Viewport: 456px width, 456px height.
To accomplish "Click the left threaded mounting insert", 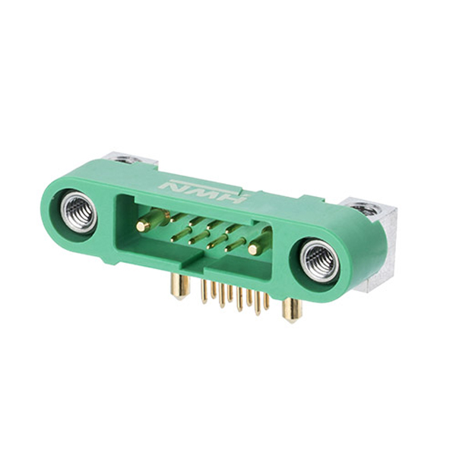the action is click(78, 213).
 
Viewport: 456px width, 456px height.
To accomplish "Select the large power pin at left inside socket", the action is click(152, 220).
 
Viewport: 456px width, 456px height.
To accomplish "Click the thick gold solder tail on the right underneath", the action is click(291, 312).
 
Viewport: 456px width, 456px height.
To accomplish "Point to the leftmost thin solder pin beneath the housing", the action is click(204, 291).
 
